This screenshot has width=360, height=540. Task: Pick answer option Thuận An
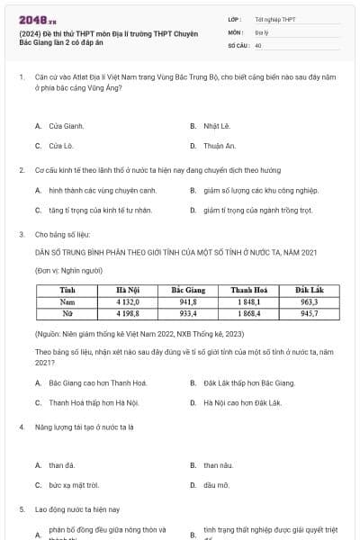[219, 145]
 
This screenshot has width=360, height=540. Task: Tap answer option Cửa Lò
[60, 145]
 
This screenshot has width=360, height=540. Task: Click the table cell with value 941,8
[188, 302]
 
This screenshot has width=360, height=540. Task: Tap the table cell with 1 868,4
[246, 314]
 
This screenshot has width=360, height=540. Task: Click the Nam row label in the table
[67, 302]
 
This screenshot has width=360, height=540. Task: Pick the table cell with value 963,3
[309, 302]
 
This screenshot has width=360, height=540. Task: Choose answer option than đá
[62, 465]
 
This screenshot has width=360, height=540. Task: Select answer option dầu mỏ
[216, 484]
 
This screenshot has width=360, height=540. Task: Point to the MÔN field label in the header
[235, 31]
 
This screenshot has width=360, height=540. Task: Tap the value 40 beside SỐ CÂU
[258, 44]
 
